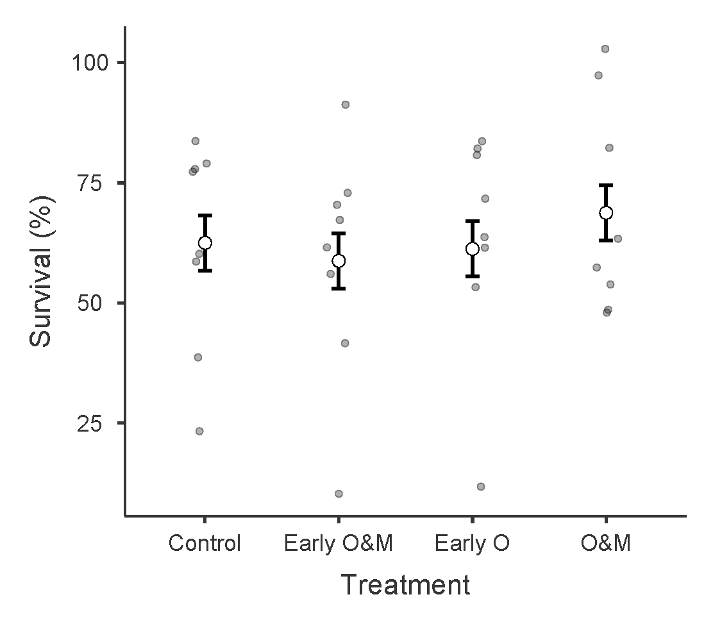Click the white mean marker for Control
point(205,242)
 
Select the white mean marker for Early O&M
point(339,260)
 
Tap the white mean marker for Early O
point(472,249)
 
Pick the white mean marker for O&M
point(606,212)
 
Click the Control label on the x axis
point(205,544)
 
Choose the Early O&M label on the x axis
point(338,544)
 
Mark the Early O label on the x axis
point(472,544)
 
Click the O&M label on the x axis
point(606,544)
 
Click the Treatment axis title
point(405,585)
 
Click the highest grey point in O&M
point(605,49)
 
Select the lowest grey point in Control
point(199,431)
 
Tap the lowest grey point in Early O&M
point(339,494)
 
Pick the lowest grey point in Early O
point(481,487)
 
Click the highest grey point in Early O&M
point(345,105)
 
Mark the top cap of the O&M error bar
point(606,185)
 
